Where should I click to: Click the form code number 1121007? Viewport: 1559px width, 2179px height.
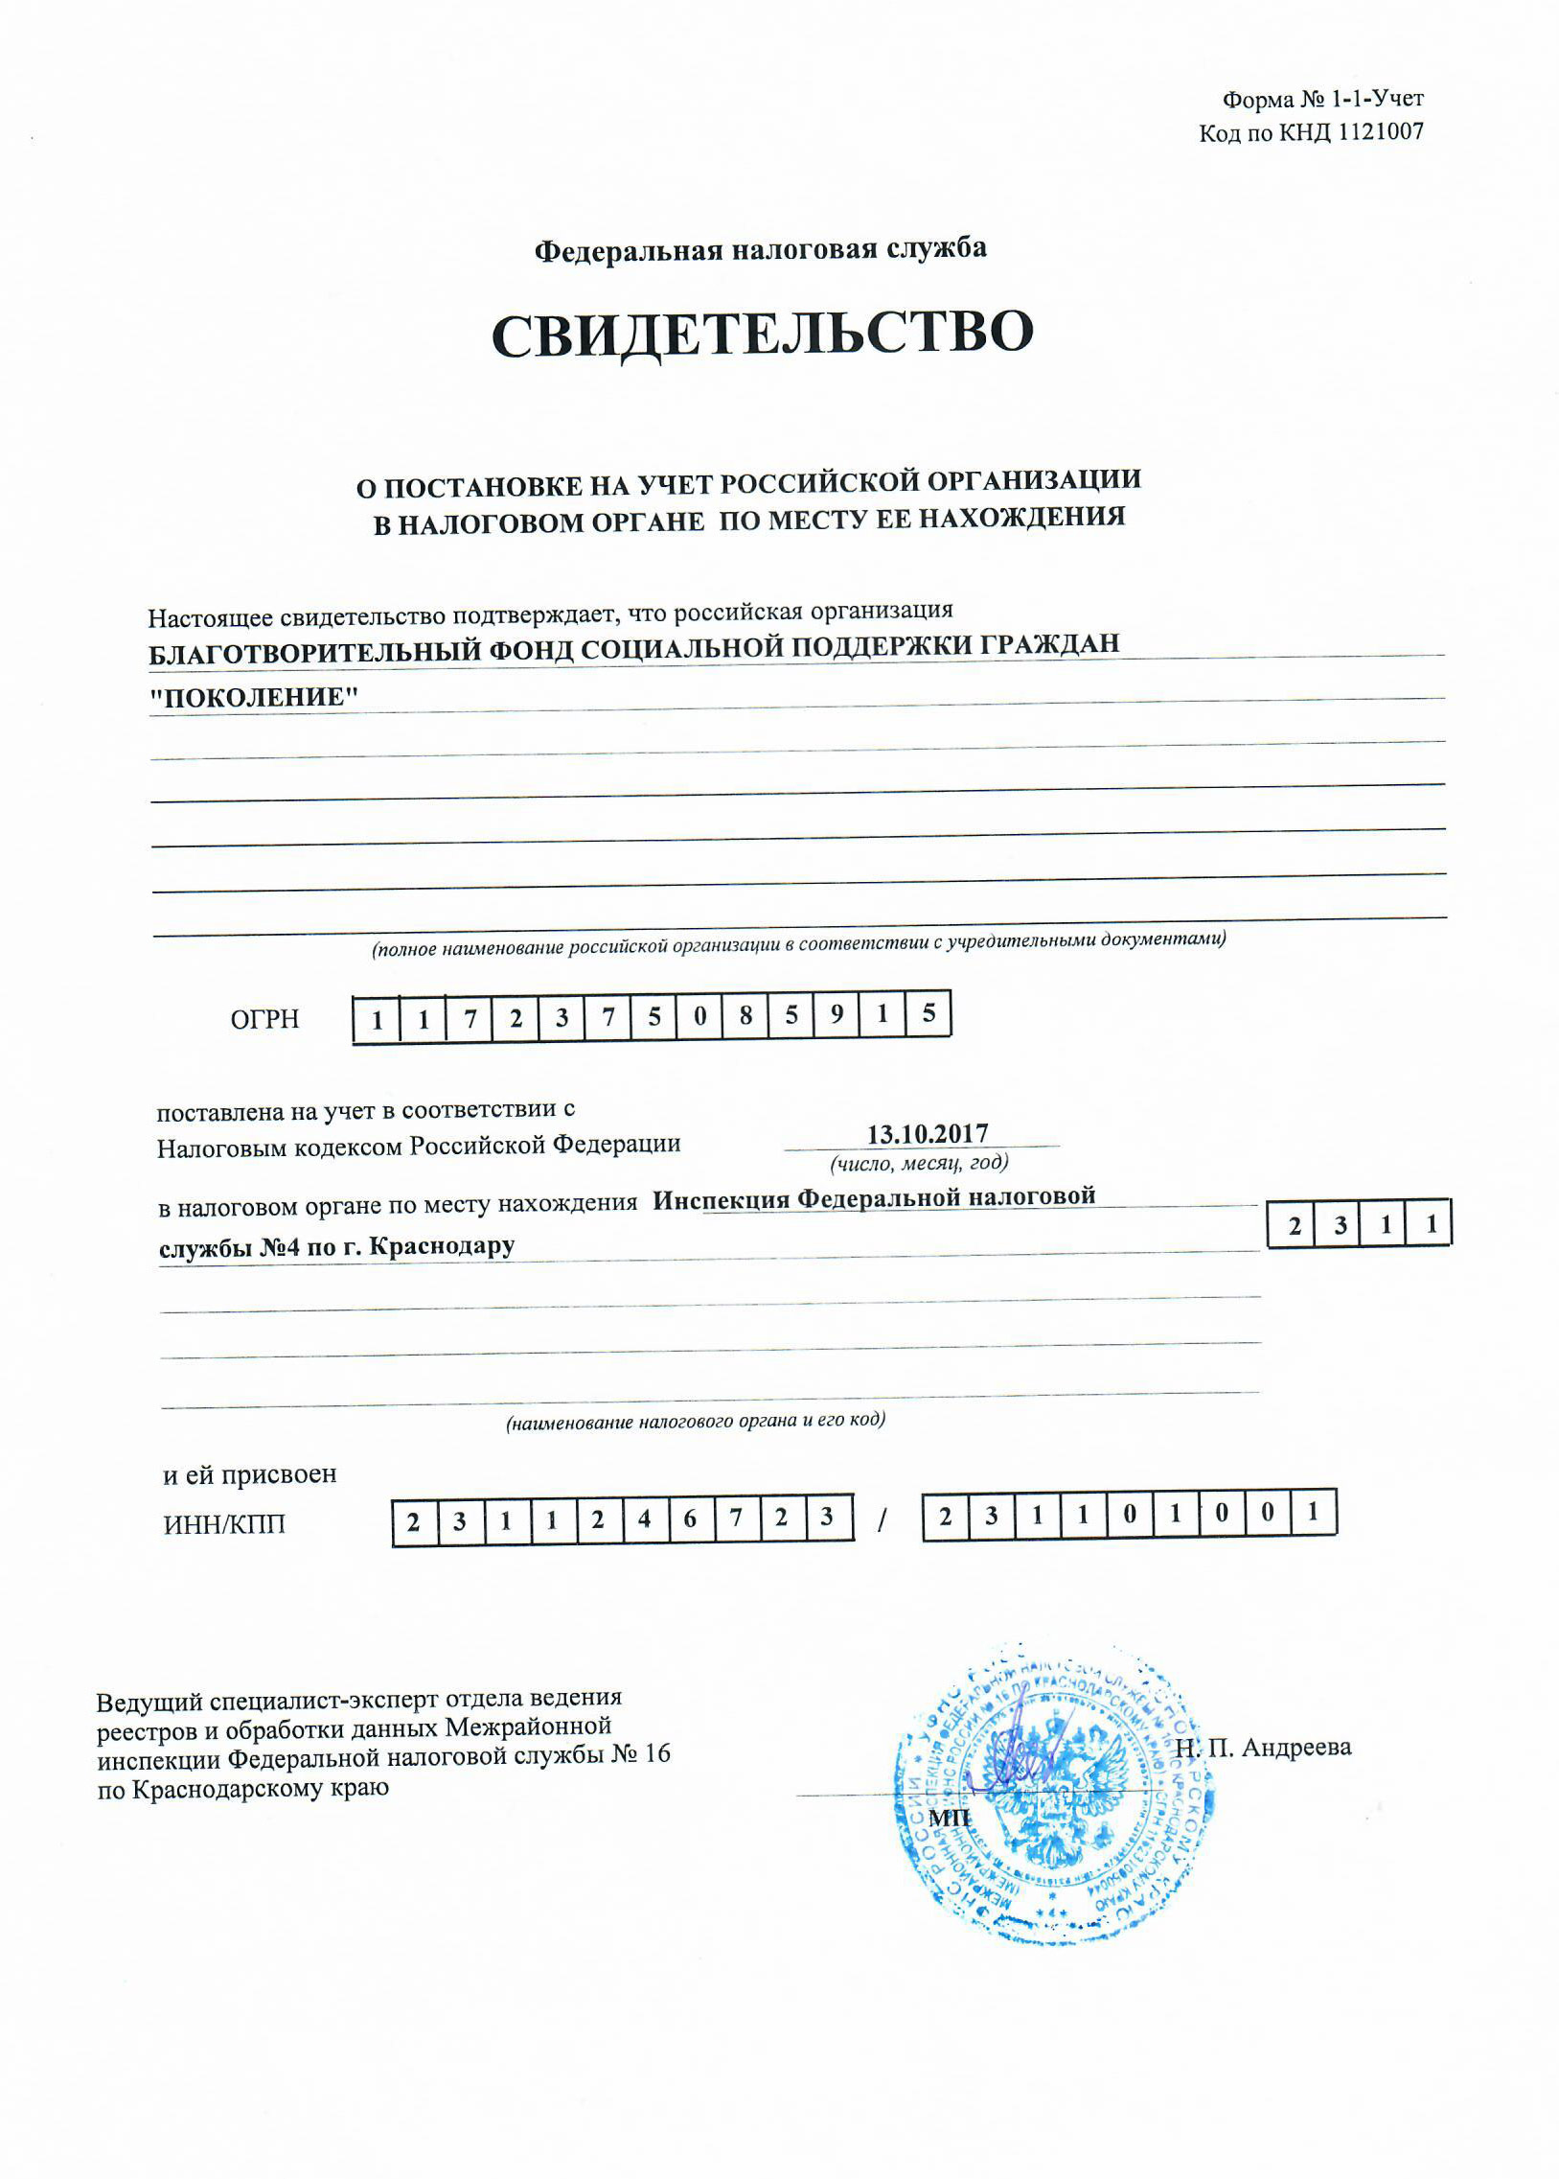coord(1380,132)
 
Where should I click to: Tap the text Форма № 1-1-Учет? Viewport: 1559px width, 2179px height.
coord(1322,99)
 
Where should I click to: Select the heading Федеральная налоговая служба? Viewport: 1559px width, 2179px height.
coord(759,249)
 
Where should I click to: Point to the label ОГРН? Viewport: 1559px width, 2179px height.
coord(265,1019)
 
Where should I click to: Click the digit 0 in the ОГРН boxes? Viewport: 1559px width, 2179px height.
coord(699,1017)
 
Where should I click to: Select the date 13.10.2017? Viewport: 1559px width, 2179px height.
coord(928,1134)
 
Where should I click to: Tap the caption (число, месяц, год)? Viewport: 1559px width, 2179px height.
coord(919,1163)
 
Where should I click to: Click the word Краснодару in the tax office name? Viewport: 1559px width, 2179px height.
coord(443,1246)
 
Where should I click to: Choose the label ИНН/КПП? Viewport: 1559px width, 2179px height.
coord(224,1525)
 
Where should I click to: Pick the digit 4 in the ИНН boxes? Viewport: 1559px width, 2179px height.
coord(643,1520)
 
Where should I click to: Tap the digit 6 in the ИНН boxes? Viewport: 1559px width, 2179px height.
coord(689,1520)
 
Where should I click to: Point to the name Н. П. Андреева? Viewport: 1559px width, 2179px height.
coord(1263,1748)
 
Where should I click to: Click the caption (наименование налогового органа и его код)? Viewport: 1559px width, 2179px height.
coord(695,1421)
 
